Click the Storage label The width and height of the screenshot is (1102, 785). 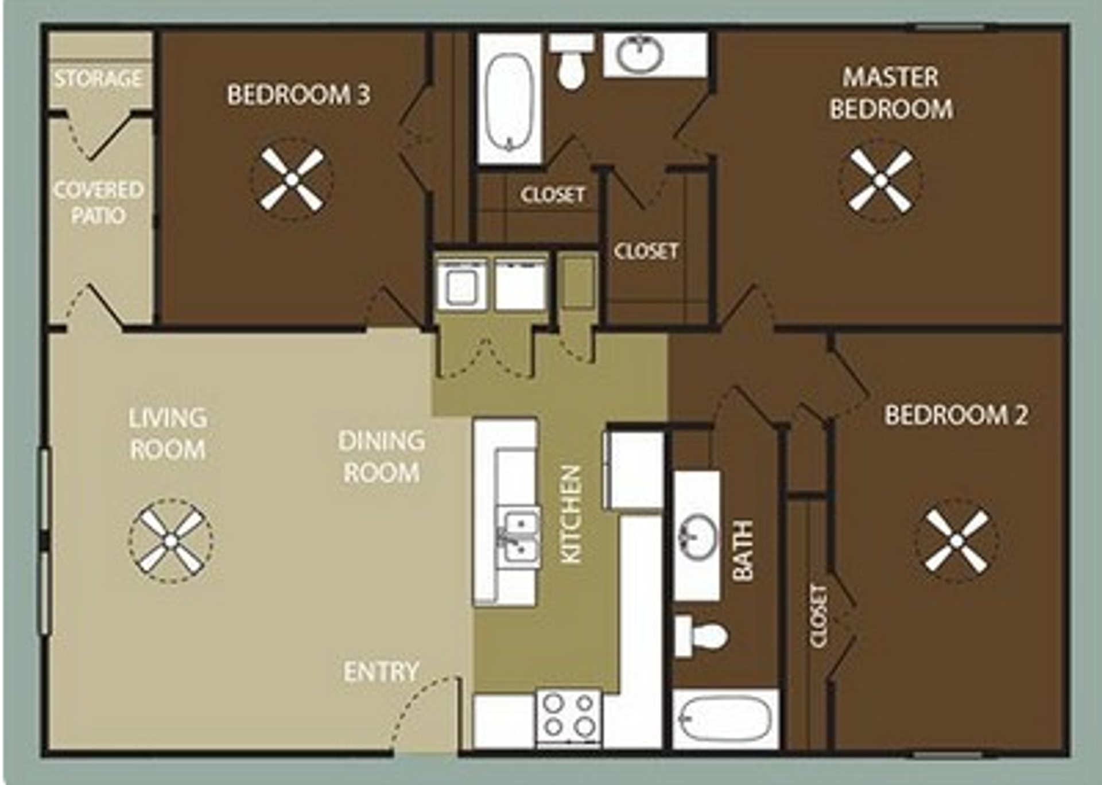[98, 78]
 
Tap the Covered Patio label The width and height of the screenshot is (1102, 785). [98, 203]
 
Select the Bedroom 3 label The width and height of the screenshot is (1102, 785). [298, 95]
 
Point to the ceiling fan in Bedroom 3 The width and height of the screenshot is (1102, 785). [292, 180]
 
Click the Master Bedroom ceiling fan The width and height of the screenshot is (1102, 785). [880, 180]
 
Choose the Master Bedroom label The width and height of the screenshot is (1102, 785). [891, 93]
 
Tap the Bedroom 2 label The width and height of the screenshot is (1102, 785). [956, 415]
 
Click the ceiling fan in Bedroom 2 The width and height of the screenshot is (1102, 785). [956, 541]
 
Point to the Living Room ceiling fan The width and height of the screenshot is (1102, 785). [170, 541]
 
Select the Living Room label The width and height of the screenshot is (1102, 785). [168, 433]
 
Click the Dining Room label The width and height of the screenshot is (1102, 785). [381, 457]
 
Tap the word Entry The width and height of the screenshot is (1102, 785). [381, 671]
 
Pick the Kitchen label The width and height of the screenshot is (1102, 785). [571, 514]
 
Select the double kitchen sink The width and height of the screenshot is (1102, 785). [518, 537]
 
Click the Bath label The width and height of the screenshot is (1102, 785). [743, 551]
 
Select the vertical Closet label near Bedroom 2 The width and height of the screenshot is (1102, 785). [818, 616]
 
